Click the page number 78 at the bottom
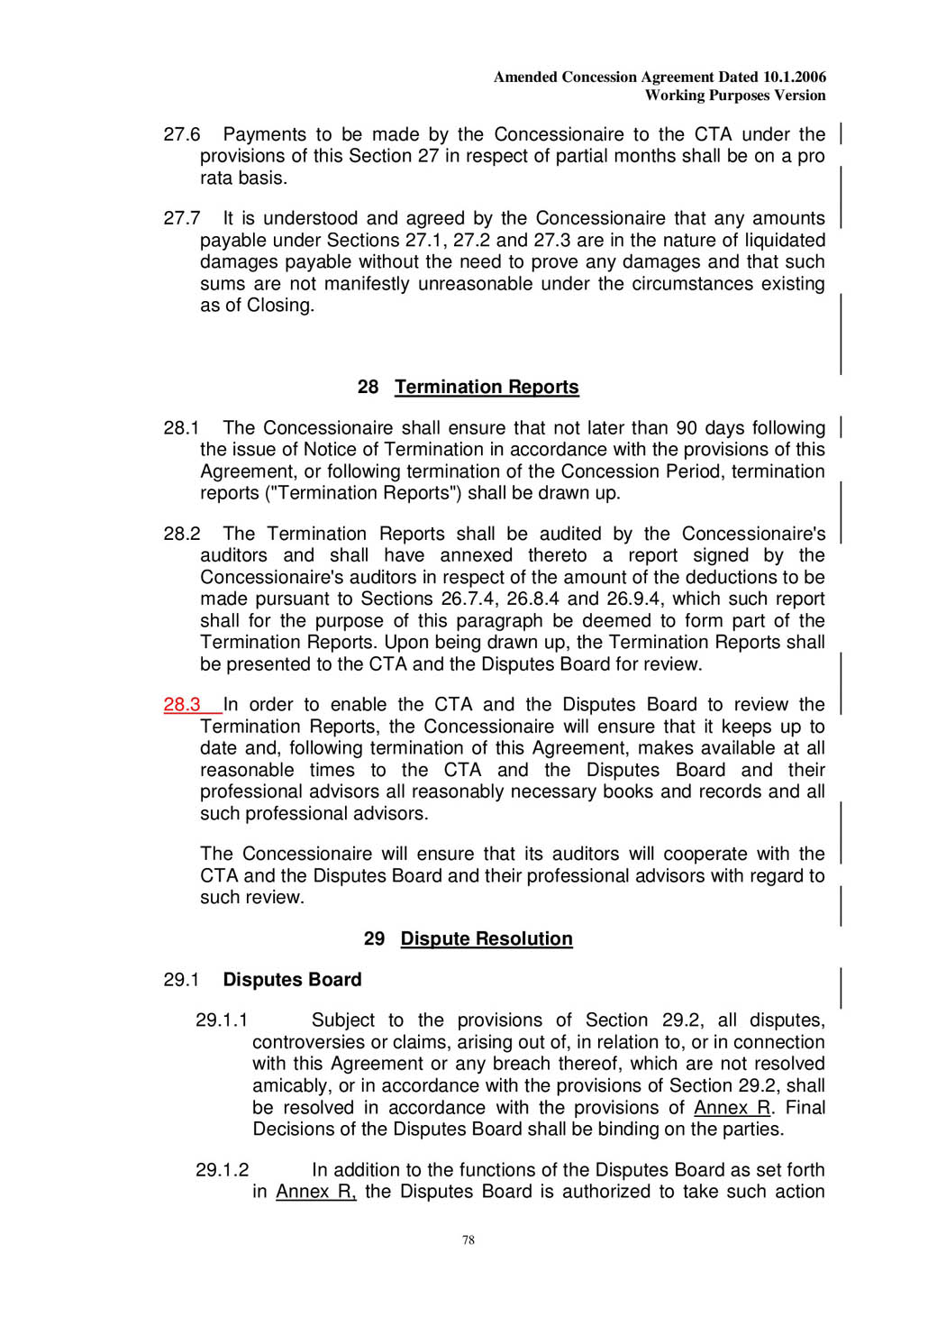pos(468,1240)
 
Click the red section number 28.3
pos(182,705)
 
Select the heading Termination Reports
pos(487,388)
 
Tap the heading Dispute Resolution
pos(487,939)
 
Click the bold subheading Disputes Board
pos(292,980)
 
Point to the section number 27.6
pos(182,135)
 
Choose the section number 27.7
pos(182,219)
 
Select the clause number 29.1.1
pos(222,1020)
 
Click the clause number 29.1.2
pos(222,1170)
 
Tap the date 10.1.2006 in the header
pos(794,78)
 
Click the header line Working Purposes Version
pos(735,96)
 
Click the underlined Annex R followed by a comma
pos(315,1192)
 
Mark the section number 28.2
pos(182,534)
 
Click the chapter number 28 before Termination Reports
pos(368,388)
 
